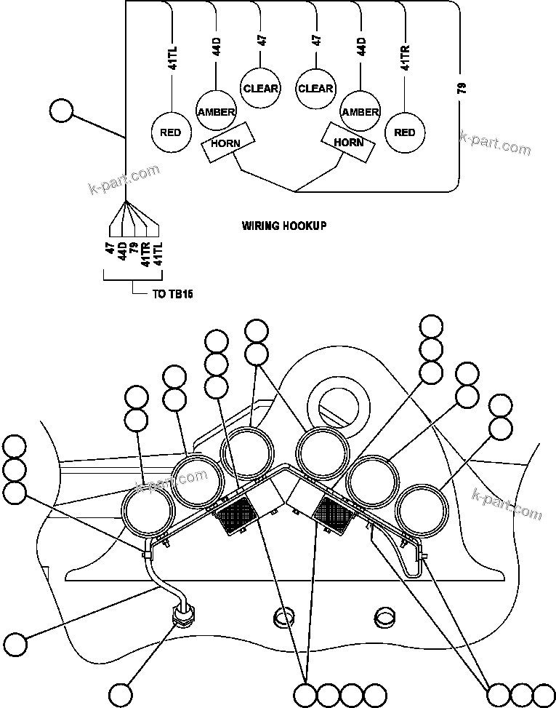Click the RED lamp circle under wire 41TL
171,133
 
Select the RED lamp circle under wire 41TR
405,132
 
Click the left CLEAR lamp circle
261,88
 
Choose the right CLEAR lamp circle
315,88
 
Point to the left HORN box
226,142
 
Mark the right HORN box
349,142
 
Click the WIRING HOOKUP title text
284,226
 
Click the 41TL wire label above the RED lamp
172,57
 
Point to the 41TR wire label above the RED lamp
405,57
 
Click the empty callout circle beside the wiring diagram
62,111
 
